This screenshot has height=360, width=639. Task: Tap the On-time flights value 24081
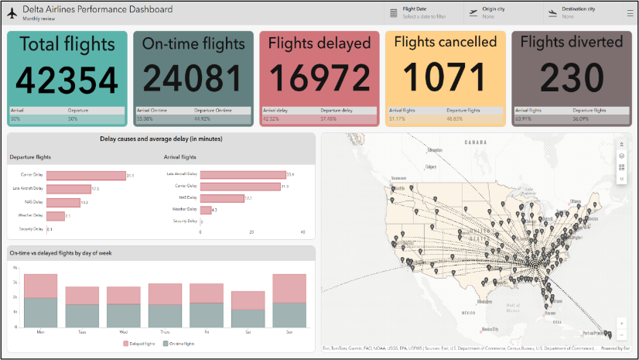(x=193, y=79)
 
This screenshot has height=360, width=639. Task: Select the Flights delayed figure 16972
(x=319, y=79)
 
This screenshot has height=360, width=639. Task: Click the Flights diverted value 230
(x=572, y=79)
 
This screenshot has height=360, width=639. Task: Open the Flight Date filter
(x=424, y=12)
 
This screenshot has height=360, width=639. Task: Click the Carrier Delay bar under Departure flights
(x=86, y=176)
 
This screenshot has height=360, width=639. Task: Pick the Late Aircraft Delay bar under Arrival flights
(x=242, y=174)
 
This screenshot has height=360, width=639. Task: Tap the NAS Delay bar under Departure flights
(x=63, y=202)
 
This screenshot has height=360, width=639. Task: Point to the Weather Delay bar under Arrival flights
(x=206, y=210)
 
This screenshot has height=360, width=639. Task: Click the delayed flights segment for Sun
(x=289, y=287)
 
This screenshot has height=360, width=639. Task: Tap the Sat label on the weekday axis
(x=248, y=331)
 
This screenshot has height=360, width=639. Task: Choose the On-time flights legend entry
(x=181, y=341)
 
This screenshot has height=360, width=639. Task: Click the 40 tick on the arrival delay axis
(x=302, y=231)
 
